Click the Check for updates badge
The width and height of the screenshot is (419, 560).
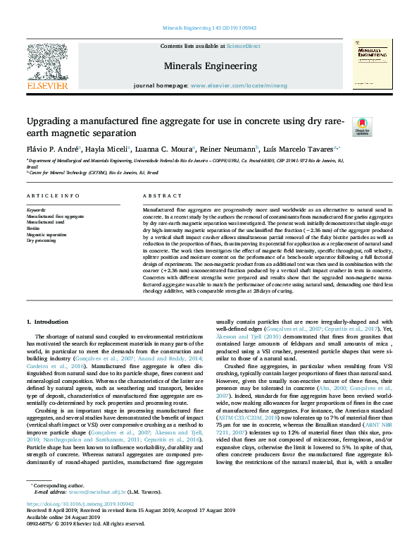(x=361, y=126)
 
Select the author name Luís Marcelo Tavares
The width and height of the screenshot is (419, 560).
(x=300, y=149)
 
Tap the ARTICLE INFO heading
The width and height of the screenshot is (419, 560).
(x=53, y=195)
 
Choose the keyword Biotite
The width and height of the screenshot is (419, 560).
(x=32, y=229)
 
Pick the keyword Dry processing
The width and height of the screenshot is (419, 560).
(x=41, y=241)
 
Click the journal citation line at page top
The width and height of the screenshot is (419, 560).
(x=210, y=28)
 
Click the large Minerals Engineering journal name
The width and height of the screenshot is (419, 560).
(x=210, y=66)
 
